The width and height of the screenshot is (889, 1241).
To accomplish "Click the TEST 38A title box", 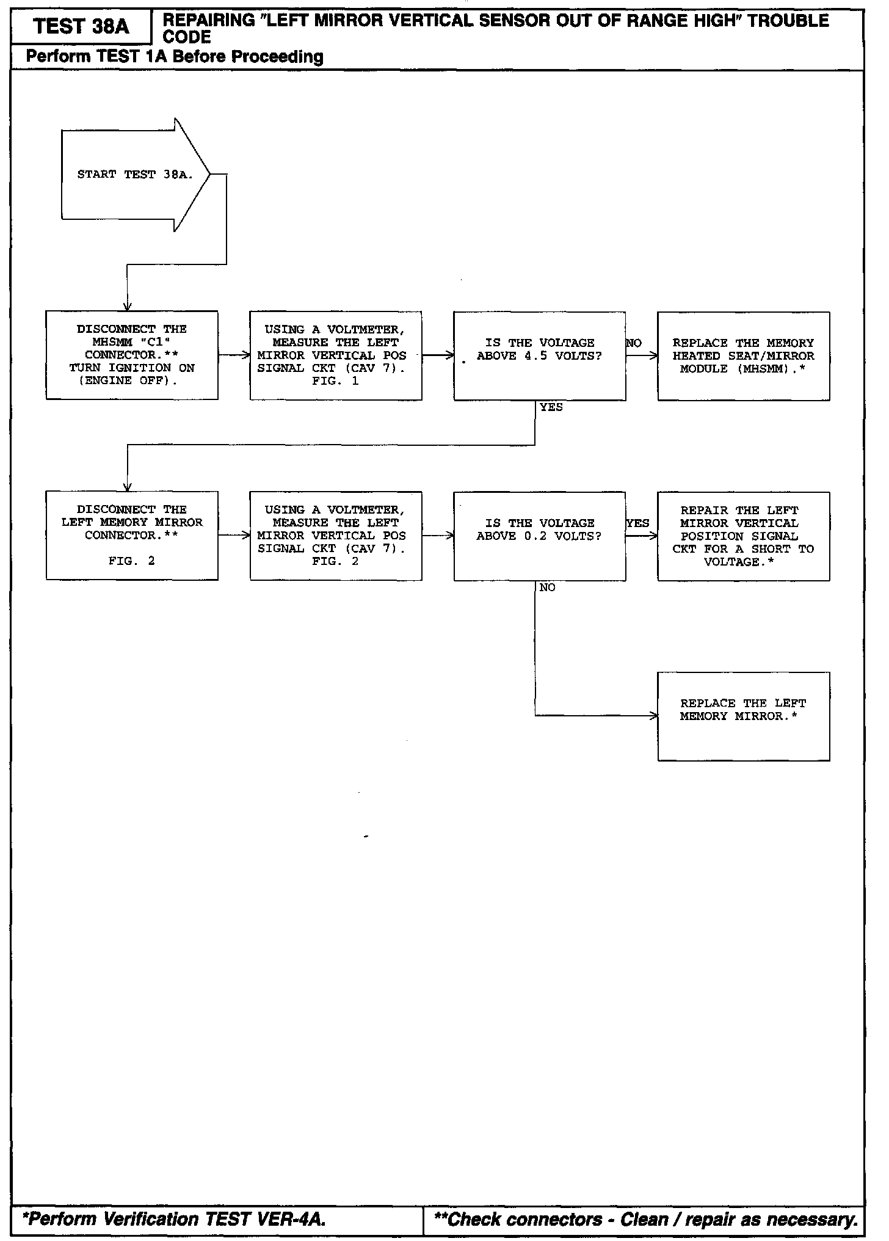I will coord(81,27).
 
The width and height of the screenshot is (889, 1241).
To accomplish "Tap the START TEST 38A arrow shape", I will coord(134,175).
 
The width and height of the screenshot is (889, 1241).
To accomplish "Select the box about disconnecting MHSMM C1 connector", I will coord(132,355).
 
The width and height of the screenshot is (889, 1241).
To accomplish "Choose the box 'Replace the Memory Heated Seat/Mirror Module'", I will coord(743,355).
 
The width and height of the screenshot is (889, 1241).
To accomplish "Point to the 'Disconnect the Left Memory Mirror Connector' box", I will coord(132,535).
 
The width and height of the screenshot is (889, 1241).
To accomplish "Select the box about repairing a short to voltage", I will coord(743,536).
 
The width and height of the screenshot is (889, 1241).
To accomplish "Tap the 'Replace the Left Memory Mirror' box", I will coord(743,716).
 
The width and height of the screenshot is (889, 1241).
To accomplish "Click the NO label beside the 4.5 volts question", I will coord(634,343).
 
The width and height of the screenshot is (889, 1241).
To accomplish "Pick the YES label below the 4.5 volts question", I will coord(551,407).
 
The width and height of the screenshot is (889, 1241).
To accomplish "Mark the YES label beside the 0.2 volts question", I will coord(638,523).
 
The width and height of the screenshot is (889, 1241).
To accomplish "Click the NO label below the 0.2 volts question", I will coord(547,588).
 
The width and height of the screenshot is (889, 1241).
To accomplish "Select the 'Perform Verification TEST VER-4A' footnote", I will coord(173,1220).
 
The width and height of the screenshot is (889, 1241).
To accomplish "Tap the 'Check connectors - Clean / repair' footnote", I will coord(645,1220).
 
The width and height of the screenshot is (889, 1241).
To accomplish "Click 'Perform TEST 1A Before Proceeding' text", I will coord(175,57).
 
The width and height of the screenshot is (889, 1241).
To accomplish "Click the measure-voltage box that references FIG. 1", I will coord(336,355).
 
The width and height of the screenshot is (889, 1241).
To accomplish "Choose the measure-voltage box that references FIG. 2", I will coord(336,536).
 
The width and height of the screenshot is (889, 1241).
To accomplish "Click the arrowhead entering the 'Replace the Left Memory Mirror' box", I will coord(654,716).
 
